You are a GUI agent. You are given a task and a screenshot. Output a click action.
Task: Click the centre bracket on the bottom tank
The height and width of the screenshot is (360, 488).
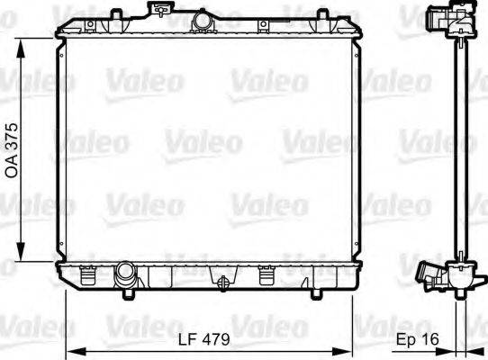[219, 278]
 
